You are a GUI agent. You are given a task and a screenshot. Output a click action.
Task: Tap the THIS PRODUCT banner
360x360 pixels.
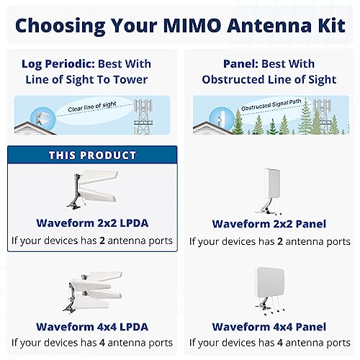(92, 156)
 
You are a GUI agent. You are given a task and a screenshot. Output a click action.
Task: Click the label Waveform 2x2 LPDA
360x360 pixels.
(92, 223)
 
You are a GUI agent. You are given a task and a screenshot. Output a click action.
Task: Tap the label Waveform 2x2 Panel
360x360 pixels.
(268, 224)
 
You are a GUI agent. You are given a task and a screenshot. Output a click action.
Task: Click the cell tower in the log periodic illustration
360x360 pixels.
(146, 115)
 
